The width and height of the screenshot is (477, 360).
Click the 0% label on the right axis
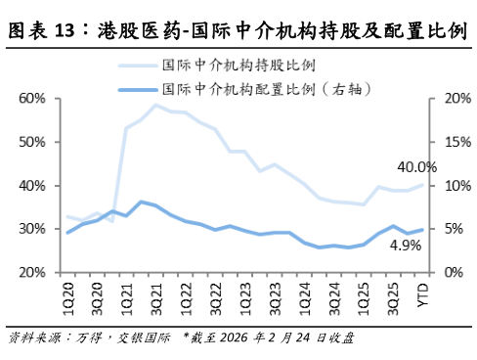(451, 272)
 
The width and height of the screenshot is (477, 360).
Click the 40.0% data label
(416, 166)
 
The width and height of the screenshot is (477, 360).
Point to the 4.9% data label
(405, 247)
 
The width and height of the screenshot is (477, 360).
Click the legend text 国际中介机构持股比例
(238, 67)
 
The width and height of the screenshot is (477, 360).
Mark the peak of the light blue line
(155, 105)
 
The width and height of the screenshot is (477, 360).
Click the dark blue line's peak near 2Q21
(142, 202)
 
